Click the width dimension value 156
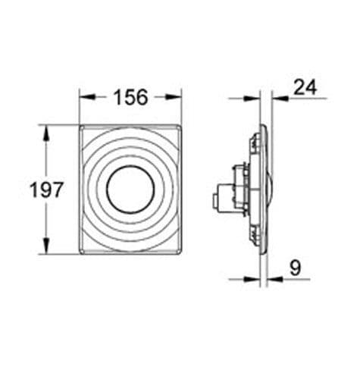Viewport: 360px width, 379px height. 130,96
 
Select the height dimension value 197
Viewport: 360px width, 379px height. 46,190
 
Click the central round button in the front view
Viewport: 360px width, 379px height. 130,190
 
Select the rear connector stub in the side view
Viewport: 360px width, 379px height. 218,199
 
